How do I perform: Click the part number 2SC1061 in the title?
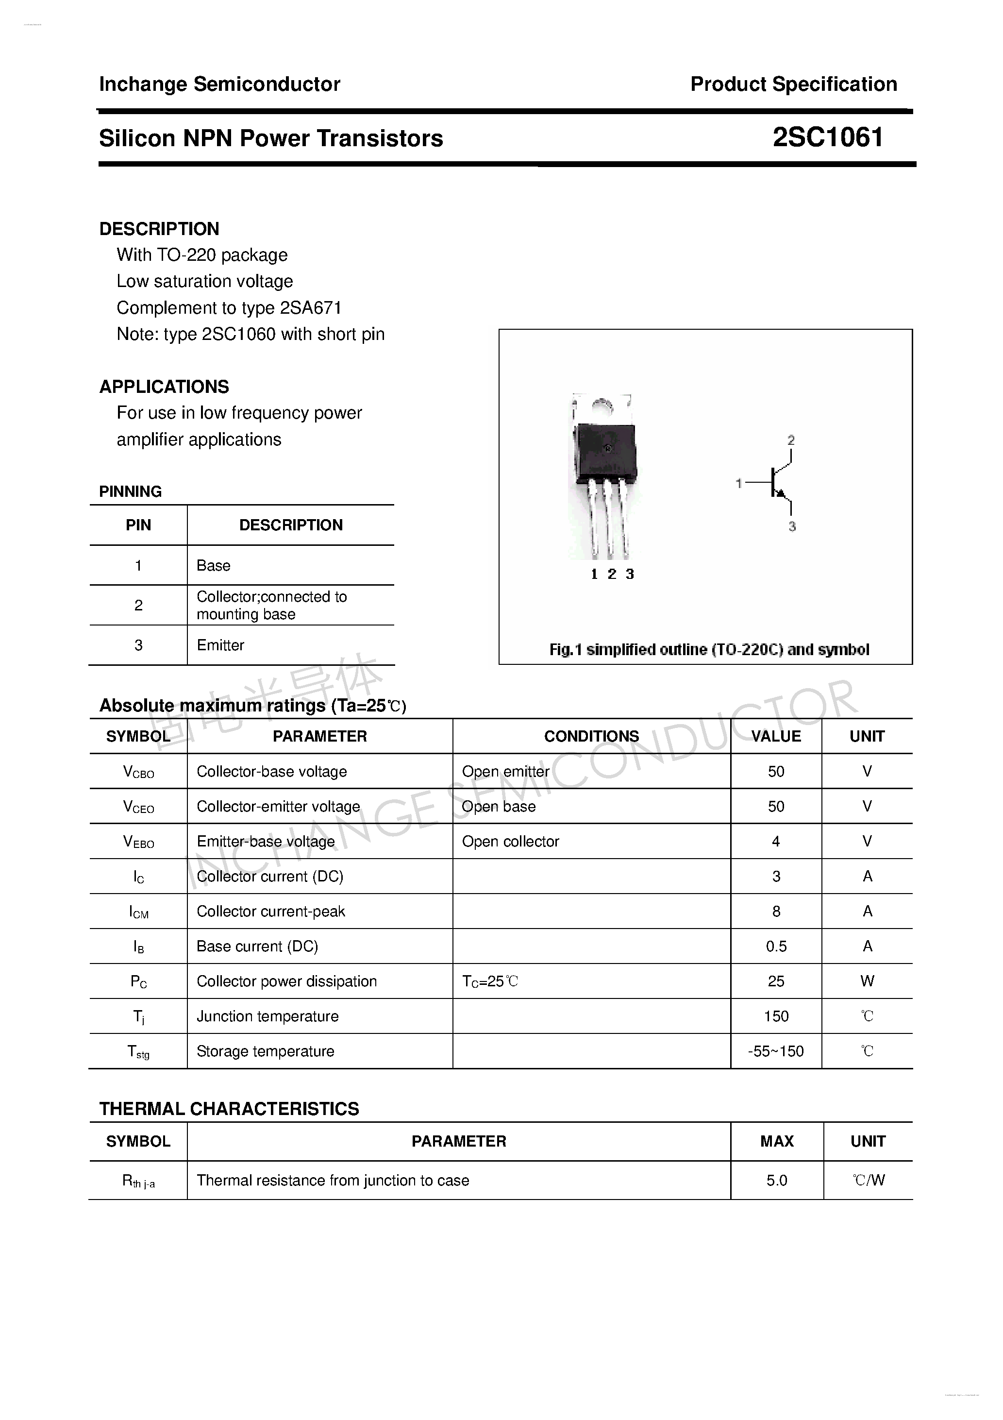(x=827, y=137)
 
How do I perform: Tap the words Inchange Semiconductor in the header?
(x=219, y=84)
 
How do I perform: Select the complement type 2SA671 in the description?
(x=310, y=308)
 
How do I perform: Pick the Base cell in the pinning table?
(x=213, y=565)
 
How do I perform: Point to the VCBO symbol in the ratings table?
(x=138, y=772)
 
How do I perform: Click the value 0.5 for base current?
(x=776, y=946)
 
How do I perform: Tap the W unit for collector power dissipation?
(x=867, y=981)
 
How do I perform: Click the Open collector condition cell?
(x=510, y=842)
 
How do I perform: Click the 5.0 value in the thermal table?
(x=777, y=1181)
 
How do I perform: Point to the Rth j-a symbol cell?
(x=138, y=1181)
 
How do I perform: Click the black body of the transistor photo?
(x=605, y=455)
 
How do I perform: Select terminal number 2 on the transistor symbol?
(x=791, y=440)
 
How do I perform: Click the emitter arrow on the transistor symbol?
(x=781, y=493)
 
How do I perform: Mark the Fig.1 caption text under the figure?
(x=709, y=649)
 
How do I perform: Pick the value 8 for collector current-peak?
(x=776, y=911)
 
